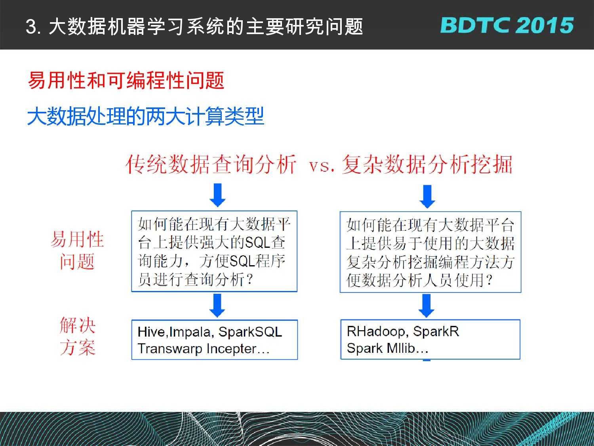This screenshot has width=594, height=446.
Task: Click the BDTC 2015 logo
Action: (507, 25)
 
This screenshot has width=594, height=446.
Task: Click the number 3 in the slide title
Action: (31, 27)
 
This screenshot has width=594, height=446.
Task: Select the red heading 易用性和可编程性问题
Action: (126, 80)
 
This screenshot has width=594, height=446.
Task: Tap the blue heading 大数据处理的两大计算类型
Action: (146, 116)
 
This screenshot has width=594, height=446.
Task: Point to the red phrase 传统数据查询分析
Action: (211, 164)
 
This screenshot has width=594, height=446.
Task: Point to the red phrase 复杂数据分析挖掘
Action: (427, 164)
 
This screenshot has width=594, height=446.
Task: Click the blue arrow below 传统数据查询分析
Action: (217, 195)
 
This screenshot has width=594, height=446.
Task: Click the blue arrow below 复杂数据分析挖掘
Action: (427, 197)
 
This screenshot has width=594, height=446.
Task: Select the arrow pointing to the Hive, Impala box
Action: (217, 305)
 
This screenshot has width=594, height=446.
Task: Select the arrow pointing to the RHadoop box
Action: (426, 306)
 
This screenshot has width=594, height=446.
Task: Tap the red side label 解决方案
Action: (78, 336)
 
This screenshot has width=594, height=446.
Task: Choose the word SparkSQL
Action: (250, 332)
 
